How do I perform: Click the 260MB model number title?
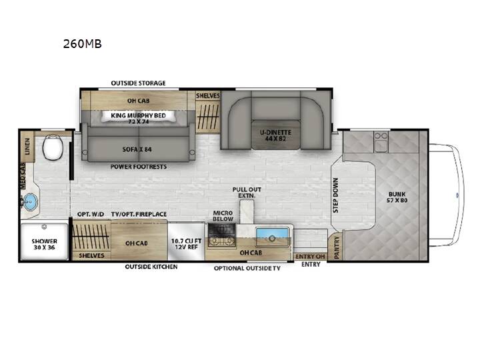pos(82,44)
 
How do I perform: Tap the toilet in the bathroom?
pos(53,146)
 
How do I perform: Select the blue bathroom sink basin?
pos(30,201)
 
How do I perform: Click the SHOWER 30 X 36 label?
pos(45,244)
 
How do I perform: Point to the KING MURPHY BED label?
pos(139,115)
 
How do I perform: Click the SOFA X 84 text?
pos(137,149)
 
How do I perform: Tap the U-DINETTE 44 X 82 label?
pos(275,135)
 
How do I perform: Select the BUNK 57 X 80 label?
pos(397,197)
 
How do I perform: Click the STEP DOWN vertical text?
pos(336,195)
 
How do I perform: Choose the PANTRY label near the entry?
pos(337,247)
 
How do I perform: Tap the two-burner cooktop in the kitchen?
pos(221,241)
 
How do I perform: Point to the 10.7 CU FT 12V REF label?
pos(186,244)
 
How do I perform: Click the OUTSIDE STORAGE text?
pos(139,83)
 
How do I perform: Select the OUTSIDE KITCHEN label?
pos(151,267)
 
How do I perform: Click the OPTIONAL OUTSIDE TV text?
pos(247,268)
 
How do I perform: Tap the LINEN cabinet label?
pos(27,146)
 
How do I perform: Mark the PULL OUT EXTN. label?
pos(247,192)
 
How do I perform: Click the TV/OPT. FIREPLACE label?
pos(139,214)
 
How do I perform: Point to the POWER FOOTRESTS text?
pos(139,167)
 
